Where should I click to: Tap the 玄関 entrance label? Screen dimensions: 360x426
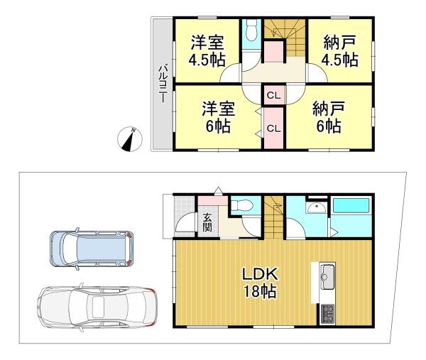(x=207, y=222)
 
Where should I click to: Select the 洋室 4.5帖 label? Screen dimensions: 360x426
(x=203, y=51)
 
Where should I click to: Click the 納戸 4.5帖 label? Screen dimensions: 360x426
(x=339, y=51)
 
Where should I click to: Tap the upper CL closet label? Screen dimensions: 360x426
(x=273, y=94)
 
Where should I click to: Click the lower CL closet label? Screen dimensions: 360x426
(x=273, y=128)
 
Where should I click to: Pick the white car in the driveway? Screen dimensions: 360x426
(x=97, y=307)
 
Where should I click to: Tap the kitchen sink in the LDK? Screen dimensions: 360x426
(x=328, y=274)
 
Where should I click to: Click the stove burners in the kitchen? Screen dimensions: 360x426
(x=329, y=312)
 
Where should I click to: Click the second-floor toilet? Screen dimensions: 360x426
(x=251, y=33)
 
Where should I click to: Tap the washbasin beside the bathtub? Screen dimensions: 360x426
(x=315, y=207)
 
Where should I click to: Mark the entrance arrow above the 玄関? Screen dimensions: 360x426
(x=219, y=190)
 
